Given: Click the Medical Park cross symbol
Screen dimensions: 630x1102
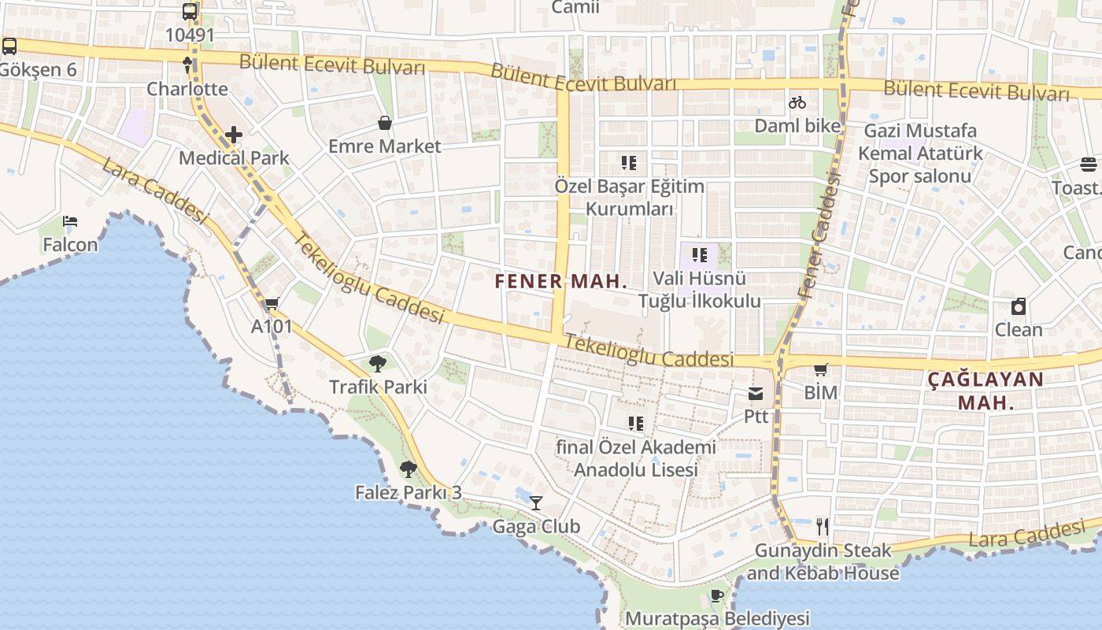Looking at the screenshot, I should coord(233,135).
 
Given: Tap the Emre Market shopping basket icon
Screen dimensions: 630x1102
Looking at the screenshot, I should coord(385,123).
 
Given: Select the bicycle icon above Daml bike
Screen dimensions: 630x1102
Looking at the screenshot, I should coord(797,102).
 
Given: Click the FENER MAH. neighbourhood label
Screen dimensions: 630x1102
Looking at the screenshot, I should coord(561,281).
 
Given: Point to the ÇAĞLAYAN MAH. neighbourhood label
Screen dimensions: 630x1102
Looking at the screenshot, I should coord(986,391).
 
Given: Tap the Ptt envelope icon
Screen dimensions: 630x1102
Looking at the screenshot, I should coord(756,393).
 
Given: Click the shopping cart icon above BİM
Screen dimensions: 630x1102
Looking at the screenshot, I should coord(821,369).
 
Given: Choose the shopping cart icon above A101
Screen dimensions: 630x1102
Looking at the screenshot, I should coord(272,303).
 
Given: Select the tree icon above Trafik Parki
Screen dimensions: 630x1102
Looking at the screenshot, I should coord(378,363).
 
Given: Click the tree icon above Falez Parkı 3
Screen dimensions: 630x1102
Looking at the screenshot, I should coord(408,469).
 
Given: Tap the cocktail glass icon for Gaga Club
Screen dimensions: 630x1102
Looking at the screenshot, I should coord(536,502).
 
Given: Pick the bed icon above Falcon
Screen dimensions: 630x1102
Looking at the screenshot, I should coord(70,221).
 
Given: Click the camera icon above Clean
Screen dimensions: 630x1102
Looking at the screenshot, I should coord(1019,306).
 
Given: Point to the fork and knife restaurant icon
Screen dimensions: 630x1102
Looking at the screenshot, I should coord(823,526).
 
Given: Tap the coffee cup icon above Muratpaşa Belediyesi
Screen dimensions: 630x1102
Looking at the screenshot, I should coord(716,595).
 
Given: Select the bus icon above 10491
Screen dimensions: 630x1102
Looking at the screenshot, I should coord(190,12).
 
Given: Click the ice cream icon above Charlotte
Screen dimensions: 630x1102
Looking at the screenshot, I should coord(187,65).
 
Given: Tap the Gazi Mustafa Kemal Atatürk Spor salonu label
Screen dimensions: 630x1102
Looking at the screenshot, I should coord(920,153).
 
